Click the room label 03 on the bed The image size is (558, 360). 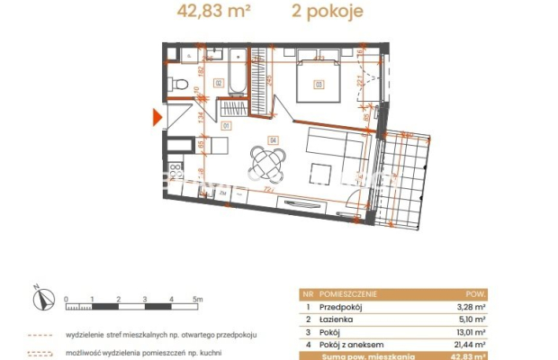click(318, 85)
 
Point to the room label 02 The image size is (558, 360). click(218, 82)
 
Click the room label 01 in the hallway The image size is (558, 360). click(227, 125)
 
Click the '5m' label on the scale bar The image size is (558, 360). click(198, 298)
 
